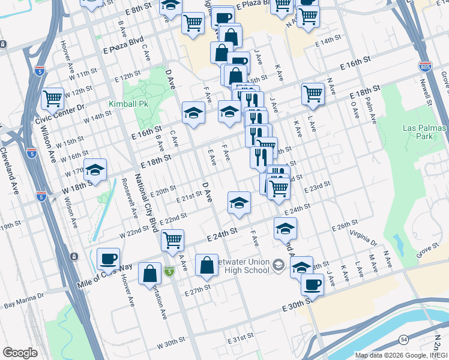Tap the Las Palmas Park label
(x=425, y=133)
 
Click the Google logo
(x=20, y=352)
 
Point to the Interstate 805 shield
(x=425, y=67)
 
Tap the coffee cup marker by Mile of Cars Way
(x=108, y=259)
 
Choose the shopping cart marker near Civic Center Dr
(x=53, y=98)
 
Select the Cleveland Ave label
(x=10, y=170)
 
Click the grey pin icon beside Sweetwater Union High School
(x=278, y=265)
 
